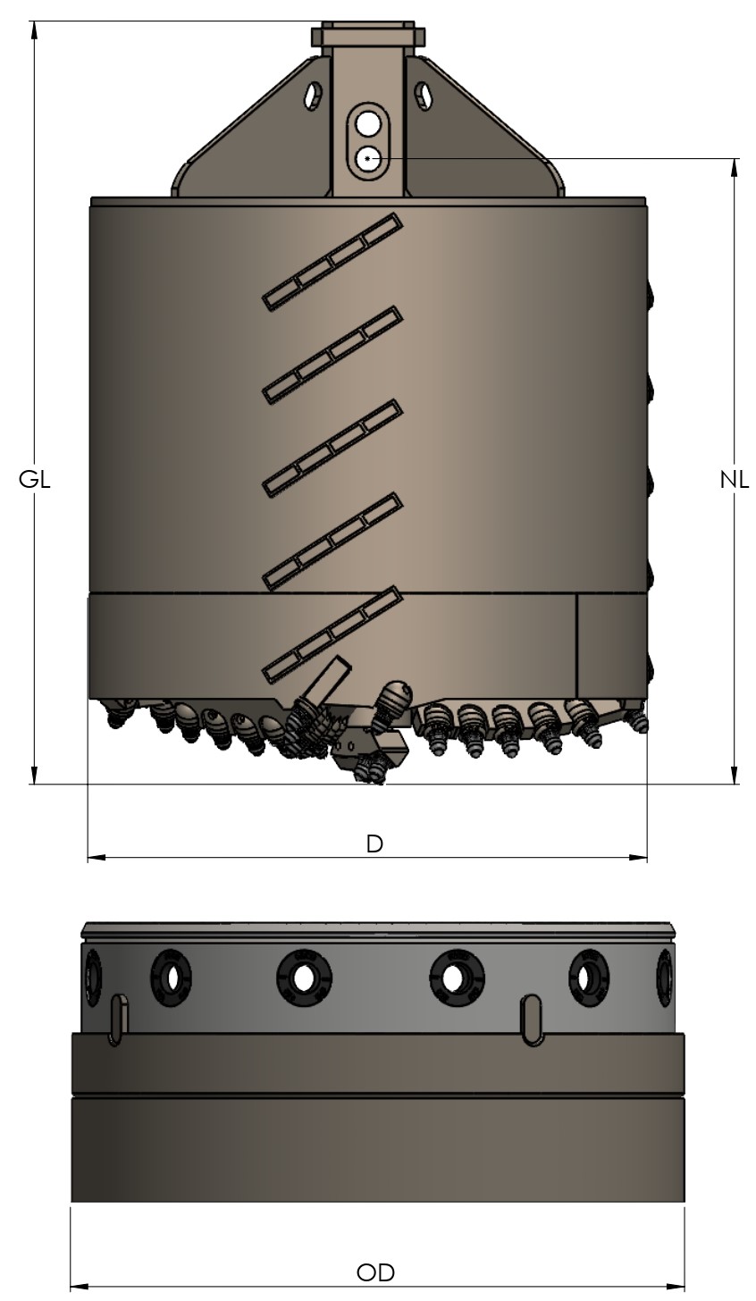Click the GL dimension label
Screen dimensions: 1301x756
click(x=34, y=480)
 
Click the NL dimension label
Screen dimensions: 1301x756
click(x=735, y=480)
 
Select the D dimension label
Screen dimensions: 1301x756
click(x=375, y=844)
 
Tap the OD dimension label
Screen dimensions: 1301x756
click(x=375, y=1272)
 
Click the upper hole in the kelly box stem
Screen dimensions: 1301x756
click(x=368, y=122)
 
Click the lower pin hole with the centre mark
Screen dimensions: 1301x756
click(x=368, y=159)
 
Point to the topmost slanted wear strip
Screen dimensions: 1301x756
click(x=332, y=262)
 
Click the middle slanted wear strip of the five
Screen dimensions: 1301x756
click(x=332, y=448)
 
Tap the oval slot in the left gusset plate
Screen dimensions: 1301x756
click(x=312, y=95)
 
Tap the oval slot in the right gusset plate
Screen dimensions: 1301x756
click(x=423, y=95)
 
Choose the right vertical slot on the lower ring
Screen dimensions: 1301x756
click(x=531, y=1020)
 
